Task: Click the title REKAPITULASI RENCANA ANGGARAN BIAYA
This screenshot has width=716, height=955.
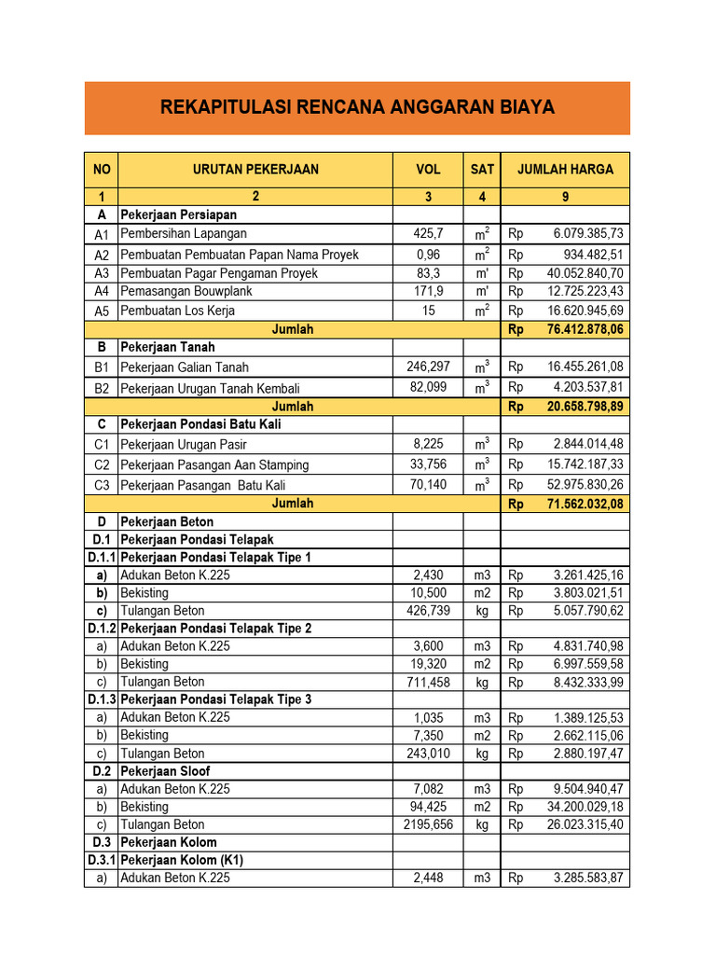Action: [357, 108]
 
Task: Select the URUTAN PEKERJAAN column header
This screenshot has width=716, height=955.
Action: [255, 170]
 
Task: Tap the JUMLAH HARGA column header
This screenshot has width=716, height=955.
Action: [565, 170]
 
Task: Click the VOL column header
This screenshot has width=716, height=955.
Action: [428, 170]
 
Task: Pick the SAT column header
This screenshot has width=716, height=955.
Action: [482, 170]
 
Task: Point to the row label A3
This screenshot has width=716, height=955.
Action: [102, 273]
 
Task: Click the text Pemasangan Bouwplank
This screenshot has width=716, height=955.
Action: [186, 291]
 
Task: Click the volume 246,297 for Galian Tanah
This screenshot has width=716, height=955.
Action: [428, 367]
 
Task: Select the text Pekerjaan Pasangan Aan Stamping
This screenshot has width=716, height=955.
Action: [214, 464]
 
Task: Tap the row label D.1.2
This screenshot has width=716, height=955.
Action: [102, 629]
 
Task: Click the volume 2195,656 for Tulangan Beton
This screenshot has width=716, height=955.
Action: [428, 824]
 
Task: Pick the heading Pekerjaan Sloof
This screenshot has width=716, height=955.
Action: [165, 771]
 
